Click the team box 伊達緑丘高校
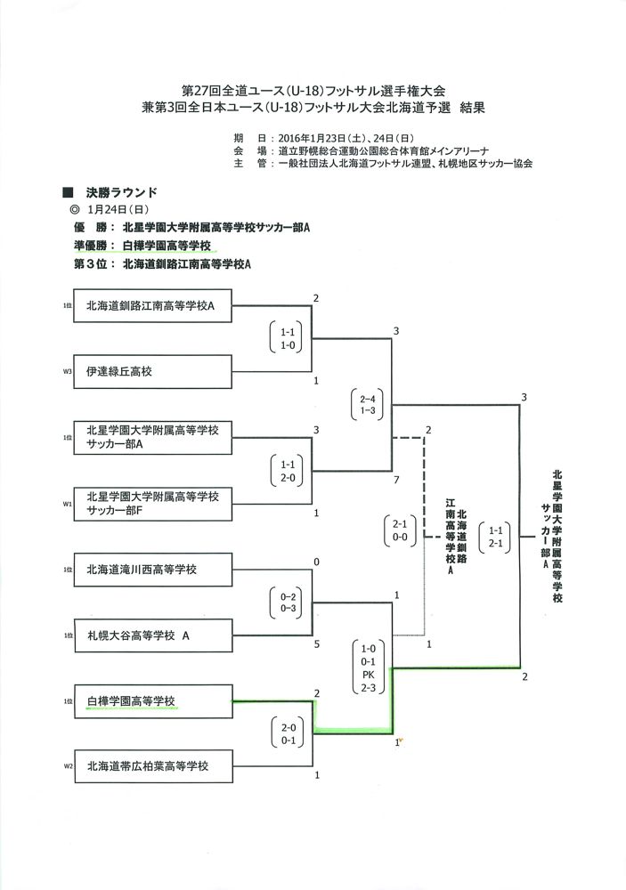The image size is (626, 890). tap(153, 372)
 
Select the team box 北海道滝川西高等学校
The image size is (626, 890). tap(153, 570)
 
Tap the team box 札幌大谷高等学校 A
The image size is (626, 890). tap(153, 635)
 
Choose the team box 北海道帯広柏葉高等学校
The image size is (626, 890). tap(153, 766)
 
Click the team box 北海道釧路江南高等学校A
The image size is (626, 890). tap(153, 306)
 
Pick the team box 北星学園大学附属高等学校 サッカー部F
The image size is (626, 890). tap(153, 504)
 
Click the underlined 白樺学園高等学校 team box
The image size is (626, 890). tap(153, 701)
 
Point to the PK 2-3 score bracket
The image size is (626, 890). tap(368, 667)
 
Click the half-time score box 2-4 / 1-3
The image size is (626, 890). tap(367, 405)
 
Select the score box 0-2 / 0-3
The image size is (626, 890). tap(288, 603)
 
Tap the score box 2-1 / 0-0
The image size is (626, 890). tap(400, 530)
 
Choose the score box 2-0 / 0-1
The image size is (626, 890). tap(288, 733)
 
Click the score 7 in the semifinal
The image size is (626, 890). tap(396, 481)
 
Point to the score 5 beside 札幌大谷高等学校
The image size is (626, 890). tap(316, 644)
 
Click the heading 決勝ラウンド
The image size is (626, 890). tap(121, 192)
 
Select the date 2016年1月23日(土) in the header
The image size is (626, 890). tap(322, 139)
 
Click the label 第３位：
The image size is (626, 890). tap(95, 264)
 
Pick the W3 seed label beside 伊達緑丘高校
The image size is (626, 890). tap(67, 372)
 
